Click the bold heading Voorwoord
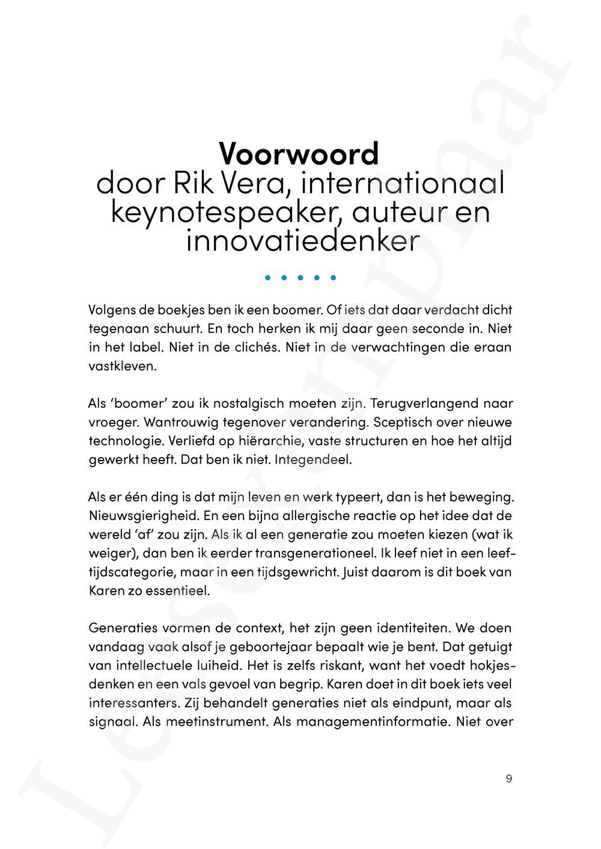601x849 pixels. click(299, 154)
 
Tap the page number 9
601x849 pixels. click(509, 779)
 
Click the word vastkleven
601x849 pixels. click(122, 366)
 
